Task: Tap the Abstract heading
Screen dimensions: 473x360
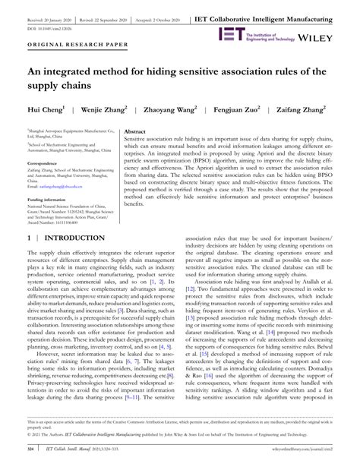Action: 135,131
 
